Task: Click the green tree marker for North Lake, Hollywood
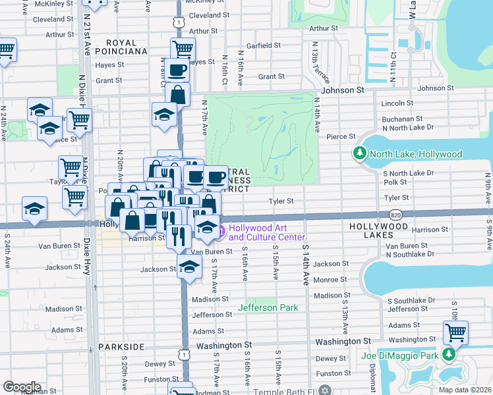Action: click(x=359, y=154)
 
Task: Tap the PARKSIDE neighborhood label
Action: click(x=121, y=346)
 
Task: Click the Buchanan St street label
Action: click(x=401, y=119)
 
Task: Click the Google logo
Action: click(x=22, y=386)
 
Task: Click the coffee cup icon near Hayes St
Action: click(x=177, y=68)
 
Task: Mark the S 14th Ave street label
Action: click(x=306, y=265)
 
